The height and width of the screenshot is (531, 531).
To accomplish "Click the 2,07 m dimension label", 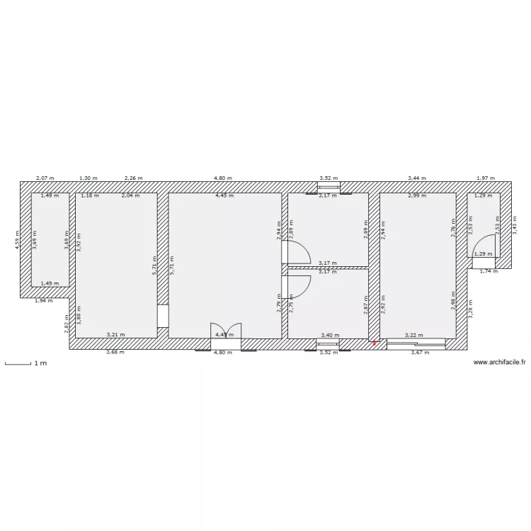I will click(45, 179).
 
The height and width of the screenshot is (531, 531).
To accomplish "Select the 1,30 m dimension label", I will click(88, 179).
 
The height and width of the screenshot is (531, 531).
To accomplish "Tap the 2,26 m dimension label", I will click(134, 179).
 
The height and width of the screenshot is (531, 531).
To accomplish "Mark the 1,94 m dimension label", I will click(44, 301).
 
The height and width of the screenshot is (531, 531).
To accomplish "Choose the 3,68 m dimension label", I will click(115, 352).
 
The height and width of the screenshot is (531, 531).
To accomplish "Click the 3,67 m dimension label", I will click(421, 352).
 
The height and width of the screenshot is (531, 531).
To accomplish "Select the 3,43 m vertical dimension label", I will click(515, 225).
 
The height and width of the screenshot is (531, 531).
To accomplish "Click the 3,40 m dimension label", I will click(330, 335).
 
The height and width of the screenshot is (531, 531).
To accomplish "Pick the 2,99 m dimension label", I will click(417, 195).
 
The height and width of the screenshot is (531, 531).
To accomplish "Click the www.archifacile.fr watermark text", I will click(500, 362).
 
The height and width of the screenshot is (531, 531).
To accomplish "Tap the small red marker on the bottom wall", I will click(375, 344).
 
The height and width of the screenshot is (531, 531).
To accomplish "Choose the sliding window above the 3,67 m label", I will click(416, 343).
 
